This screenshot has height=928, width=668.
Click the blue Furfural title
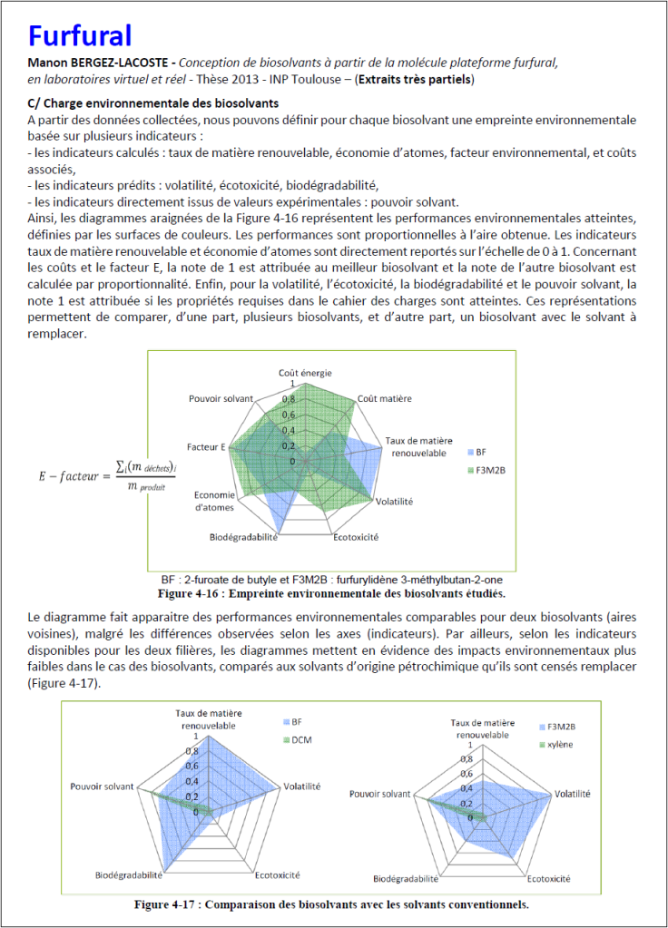[x=81, y=34]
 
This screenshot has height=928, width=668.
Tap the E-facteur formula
[x=94, y=475]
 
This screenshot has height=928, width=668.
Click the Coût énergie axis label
[x=305, y=373]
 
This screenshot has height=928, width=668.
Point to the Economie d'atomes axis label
[x=214, y=502]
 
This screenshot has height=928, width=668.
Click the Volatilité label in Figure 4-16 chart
[x=394, y=501]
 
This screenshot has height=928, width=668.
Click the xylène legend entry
[x=556, y=745]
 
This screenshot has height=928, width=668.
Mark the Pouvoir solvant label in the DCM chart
[x=103, y=786]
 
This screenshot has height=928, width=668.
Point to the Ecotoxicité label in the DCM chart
[x=279, y=875]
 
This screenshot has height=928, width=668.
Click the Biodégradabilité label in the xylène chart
[x=407, y=879]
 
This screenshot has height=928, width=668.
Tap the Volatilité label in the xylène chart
[x=571, y=794]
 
